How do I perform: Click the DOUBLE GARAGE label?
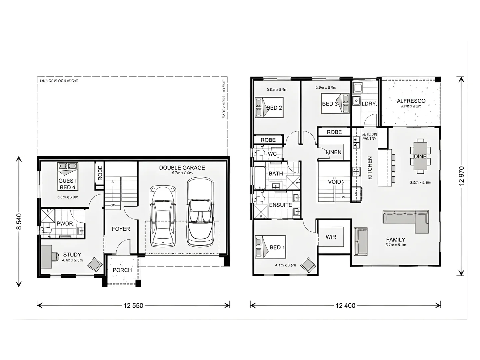(x=182, y=168)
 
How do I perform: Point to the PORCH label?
(x=122, y=270)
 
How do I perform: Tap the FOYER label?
(x=121, y=229)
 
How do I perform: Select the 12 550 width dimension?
(x=133, y=305)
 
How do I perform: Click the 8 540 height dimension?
(x=19, y=221)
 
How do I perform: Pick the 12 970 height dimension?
(x=461, y=176)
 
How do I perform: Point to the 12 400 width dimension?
(x=345, y=305)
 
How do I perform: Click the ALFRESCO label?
(x=411, y=101)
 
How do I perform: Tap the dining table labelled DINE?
(x=420, y=156)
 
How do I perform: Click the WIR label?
(x=331, y=237)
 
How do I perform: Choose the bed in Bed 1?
(x=270, y=247)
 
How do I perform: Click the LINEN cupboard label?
(x=334, y=152)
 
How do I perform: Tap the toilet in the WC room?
(x=260, y=153)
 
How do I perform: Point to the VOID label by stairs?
(x=334, y=182)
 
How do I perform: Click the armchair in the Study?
(x=95, y=264)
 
